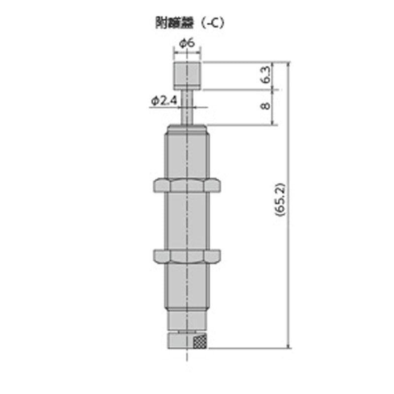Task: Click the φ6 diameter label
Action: tap(187, 43)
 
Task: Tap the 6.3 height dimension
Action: tap(265, 75)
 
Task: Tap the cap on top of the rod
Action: tap(187, 75)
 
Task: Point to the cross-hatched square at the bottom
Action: tap(200, 341)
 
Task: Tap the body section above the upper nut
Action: tap(187, 155)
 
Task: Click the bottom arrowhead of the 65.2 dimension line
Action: tap(288, 346)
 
